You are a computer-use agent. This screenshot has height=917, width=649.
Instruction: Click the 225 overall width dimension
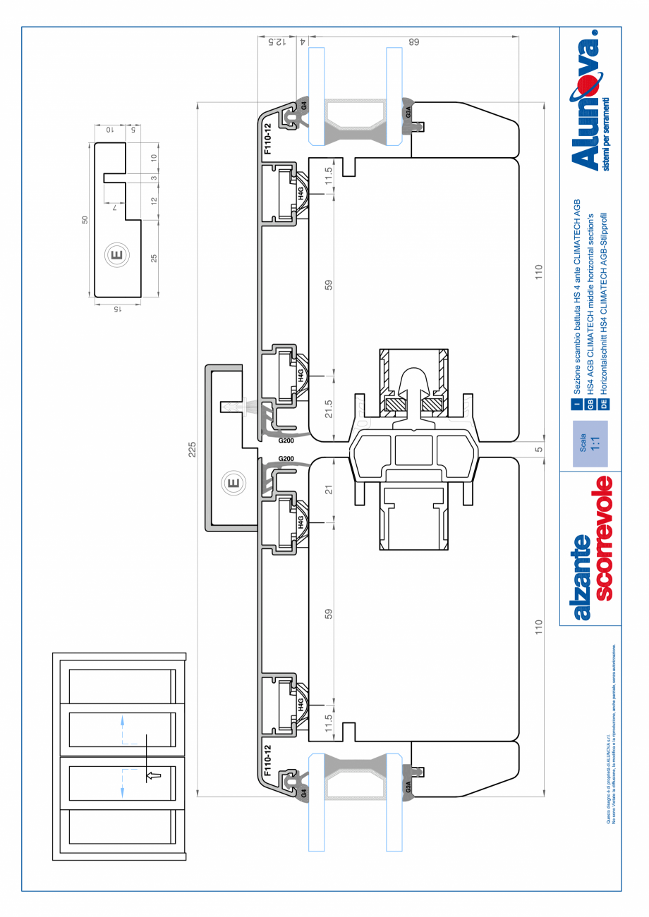pos(193,450)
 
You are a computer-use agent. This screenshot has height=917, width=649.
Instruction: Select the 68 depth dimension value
pos(415,42)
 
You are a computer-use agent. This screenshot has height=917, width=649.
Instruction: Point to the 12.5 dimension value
pos(279,42)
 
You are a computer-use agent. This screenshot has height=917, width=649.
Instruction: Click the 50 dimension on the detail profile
pos(85,220)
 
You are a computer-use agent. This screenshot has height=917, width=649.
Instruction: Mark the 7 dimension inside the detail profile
pos(114,207)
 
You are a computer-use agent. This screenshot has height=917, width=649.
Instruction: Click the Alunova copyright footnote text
pos(612,733)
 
